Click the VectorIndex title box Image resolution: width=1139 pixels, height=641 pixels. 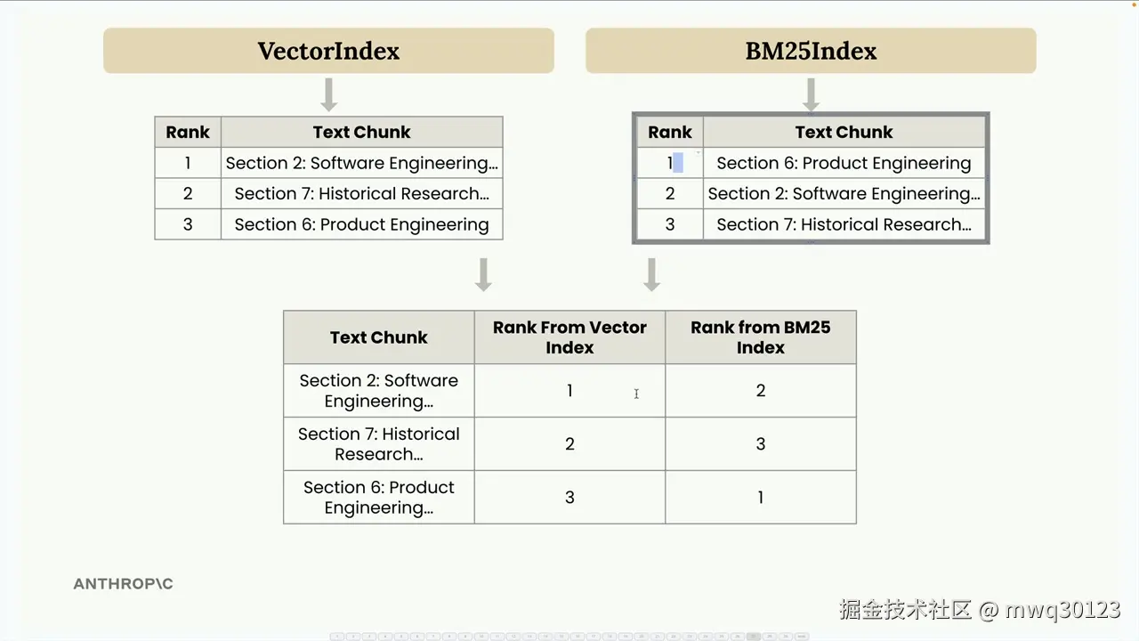[328, 51]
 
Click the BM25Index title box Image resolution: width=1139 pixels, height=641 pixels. [811, 51]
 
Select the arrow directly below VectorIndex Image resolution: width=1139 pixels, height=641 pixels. [329, 94]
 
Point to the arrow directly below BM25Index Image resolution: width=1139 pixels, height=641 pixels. [811, 94]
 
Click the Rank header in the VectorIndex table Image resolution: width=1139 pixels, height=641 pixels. [188, 132]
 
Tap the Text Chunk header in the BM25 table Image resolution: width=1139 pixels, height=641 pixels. [844, 132]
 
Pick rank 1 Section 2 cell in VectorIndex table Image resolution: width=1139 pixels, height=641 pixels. [361, 163]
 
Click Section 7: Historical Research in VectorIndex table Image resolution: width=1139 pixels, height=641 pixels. [361, 193]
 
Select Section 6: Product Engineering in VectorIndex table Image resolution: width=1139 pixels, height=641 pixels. [361, 224]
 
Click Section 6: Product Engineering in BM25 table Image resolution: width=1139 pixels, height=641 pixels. [844, 163]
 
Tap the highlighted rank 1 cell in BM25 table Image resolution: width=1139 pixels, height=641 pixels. [670, 163]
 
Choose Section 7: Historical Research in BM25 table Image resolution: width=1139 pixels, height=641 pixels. [844, 224]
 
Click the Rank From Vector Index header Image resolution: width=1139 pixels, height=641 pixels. [569, 337]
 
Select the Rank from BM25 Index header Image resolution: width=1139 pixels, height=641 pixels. [761, 337]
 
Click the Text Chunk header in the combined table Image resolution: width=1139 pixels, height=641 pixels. [379, 337]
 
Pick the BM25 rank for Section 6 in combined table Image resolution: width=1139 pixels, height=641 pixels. [761, 497]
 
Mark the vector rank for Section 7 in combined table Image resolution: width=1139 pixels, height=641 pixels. [569, 443]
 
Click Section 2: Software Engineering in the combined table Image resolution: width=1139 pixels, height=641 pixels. [379, 391]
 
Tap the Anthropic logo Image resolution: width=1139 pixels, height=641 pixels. [123, 583]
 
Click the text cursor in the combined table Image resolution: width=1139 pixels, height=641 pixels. [636, 394]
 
